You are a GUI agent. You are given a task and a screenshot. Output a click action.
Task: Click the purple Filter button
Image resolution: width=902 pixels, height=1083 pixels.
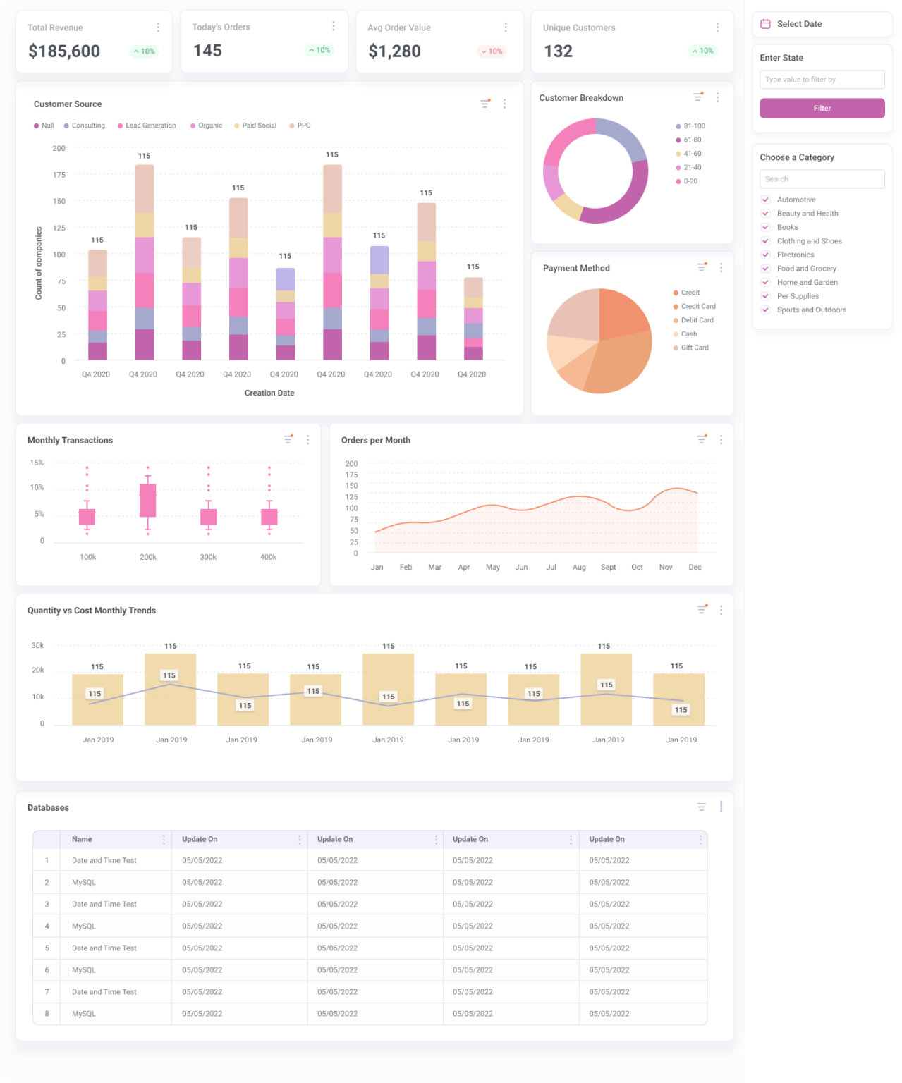pyautogui.click(x=822, y=108)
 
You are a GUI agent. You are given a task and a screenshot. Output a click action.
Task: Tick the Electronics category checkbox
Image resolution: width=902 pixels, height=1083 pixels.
pyautogui.click(x=765, y=255)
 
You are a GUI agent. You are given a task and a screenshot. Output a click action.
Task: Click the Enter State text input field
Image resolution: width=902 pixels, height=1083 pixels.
pyautogui.click(x=822, y=80)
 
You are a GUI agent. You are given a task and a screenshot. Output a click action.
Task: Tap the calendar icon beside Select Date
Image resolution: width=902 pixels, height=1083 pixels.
pyautogui.click(x=765, y=24)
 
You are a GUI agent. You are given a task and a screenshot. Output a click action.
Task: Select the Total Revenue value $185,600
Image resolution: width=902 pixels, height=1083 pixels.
pyautogui.click(x=64, y=51)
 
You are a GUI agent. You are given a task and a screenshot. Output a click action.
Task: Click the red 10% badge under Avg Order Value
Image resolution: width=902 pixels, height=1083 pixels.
pyautogui.click(x=492, y=51)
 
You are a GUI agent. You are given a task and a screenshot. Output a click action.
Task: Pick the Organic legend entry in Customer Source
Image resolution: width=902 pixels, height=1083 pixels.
pyautogui.click(x=206, y=126)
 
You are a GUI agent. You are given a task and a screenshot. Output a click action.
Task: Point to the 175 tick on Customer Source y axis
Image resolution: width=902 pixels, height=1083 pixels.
pyautogui.click(x=59, y=175)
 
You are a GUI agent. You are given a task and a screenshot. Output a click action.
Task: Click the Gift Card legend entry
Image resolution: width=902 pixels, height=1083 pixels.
pyautogui.click(x=694, y=348)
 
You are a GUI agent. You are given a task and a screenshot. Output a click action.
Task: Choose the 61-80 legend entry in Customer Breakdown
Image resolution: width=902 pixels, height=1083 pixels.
pyautogui.click(x=691, y=140)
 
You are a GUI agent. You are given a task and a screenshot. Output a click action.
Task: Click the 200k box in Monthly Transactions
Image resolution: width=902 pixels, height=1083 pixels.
pyautogui.click(x=147, y=500)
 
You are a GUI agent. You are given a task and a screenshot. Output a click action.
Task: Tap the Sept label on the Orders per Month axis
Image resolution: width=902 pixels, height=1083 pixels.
pyautogui.click(x=608, y=567)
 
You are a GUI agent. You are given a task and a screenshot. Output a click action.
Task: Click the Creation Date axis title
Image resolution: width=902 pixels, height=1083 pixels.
pyautogui.click(x=269, y=393)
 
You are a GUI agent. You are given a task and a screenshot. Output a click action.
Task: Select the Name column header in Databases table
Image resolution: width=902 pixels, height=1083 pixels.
pyautogui.click(x=82, y=839)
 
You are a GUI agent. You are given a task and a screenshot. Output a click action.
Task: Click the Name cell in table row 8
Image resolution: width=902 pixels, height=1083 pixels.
pyautogui.click(x=84, y=1013)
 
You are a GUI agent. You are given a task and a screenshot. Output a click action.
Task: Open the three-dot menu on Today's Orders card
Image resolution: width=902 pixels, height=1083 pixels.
pyautogui.click(x=334, y=26)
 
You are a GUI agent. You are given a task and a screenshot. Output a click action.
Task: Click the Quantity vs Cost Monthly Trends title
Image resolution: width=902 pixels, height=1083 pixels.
pyautogui.click(x=92, y=611)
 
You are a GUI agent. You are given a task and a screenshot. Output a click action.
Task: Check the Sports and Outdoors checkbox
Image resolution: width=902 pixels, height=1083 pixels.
pyautogui.click(x=765, y=310)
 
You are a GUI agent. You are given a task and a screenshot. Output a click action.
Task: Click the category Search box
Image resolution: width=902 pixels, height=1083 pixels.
pyautogui.click(x=822, y=179)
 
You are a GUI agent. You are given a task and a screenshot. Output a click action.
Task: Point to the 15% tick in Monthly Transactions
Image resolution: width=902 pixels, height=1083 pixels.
pyautogui.click(x=37, y=463)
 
